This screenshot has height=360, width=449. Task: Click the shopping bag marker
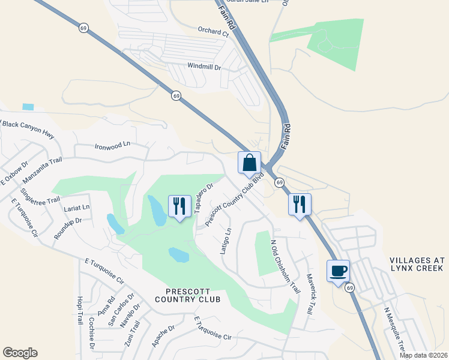pyautogui.click(x=249, y=163)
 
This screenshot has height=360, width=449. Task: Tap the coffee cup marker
pyautogui.click(x=338, y=271)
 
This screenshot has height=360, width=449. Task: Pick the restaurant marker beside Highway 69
pyautogui.click(x=300, y=204)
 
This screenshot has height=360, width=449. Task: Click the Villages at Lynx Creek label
pyautogui.click(x=417, y=265)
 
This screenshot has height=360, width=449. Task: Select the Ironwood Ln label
pyautogui.click(x=112, y=146)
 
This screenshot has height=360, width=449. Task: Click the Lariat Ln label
pyautogui.click(x=76, y=208)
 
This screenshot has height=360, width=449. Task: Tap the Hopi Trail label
pyautogui.click(x=79, y=310)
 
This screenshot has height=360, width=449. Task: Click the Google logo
pyautogui.click(x=20, y=353)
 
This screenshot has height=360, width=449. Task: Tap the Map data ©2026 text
pyautogui.click(x=423, y=355)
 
